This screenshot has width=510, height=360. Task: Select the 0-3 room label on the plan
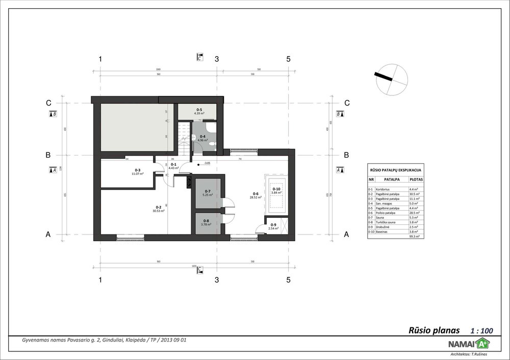pos(138,170)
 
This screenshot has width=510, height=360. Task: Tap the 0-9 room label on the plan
pos(273,225)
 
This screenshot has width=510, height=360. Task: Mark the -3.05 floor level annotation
pos(207,163)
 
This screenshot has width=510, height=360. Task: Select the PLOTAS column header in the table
pos(415,180)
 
